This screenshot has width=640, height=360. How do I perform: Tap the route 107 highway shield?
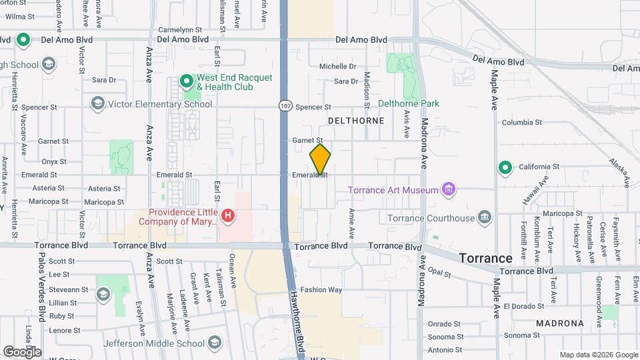coord(285,107)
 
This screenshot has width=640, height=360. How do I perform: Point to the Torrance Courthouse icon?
coord(485,217)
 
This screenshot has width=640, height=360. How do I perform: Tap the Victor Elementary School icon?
coord(98,103)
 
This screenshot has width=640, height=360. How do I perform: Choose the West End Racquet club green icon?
coord(187,82)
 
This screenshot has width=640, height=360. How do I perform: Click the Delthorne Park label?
coord(409,103)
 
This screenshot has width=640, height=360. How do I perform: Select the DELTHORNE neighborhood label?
coord(357,121)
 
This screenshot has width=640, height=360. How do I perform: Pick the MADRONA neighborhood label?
coord(560,323)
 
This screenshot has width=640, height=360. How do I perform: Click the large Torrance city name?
coord(486,258)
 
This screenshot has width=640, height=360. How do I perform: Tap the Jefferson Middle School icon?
coord(215,343)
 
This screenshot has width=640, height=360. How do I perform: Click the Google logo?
coord(22,351)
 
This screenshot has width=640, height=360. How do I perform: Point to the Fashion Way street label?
coord(321,290)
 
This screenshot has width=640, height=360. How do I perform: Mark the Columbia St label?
coord(522,122)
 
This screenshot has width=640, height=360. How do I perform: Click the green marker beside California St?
coord(505,167)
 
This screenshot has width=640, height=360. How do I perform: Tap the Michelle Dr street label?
coord(338,67)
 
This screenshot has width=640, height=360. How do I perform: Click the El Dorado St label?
coord(525,306)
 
